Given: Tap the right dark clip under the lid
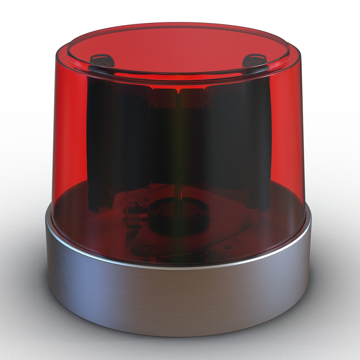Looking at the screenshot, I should [255, 61].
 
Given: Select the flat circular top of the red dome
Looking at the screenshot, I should [178, 47].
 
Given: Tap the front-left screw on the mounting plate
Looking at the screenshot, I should [149, 248].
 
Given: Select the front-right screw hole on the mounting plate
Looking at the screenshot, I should [228, 247].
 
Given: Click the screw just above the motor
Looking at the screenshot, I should [146, 199].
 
